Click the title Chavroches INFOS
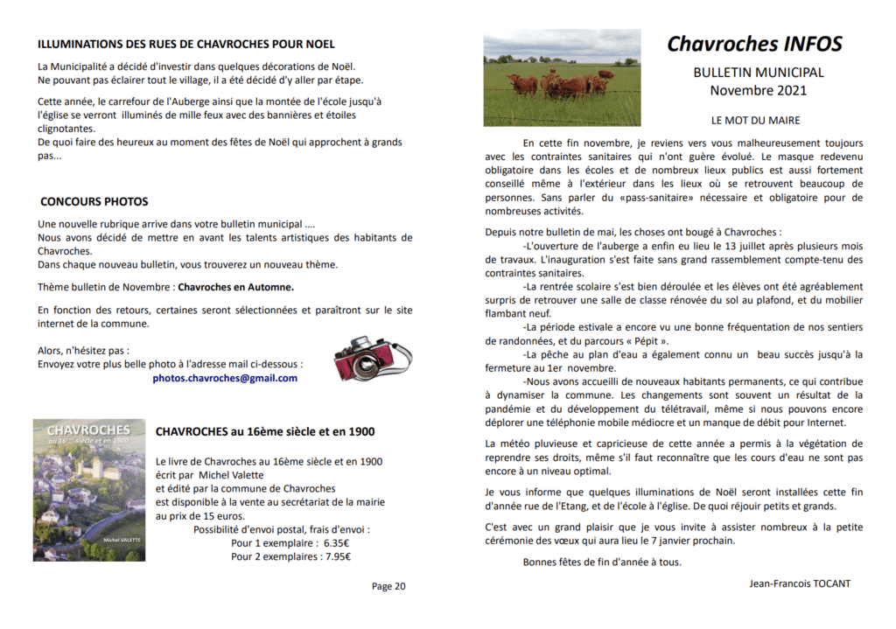coord(754,45)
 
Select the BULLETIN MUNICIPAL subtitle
coord(758,73)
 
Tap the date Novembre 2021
coord(758,90)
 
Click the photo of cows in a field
coord(562,78)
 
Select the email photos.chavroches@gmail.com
coord(225,379)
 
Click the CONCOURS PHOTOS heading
coord(94,202)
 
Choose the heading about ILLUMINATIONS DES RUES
coord(185,44)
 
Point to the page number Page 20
coord(388,587)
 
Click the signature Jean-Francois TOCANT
coord(800,584)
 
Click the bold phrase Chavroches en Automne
coord(235,287)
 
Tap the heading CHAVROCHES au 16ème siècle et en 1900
coord(264,432)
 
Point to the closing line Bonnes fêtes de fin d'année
coord(602,563)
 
